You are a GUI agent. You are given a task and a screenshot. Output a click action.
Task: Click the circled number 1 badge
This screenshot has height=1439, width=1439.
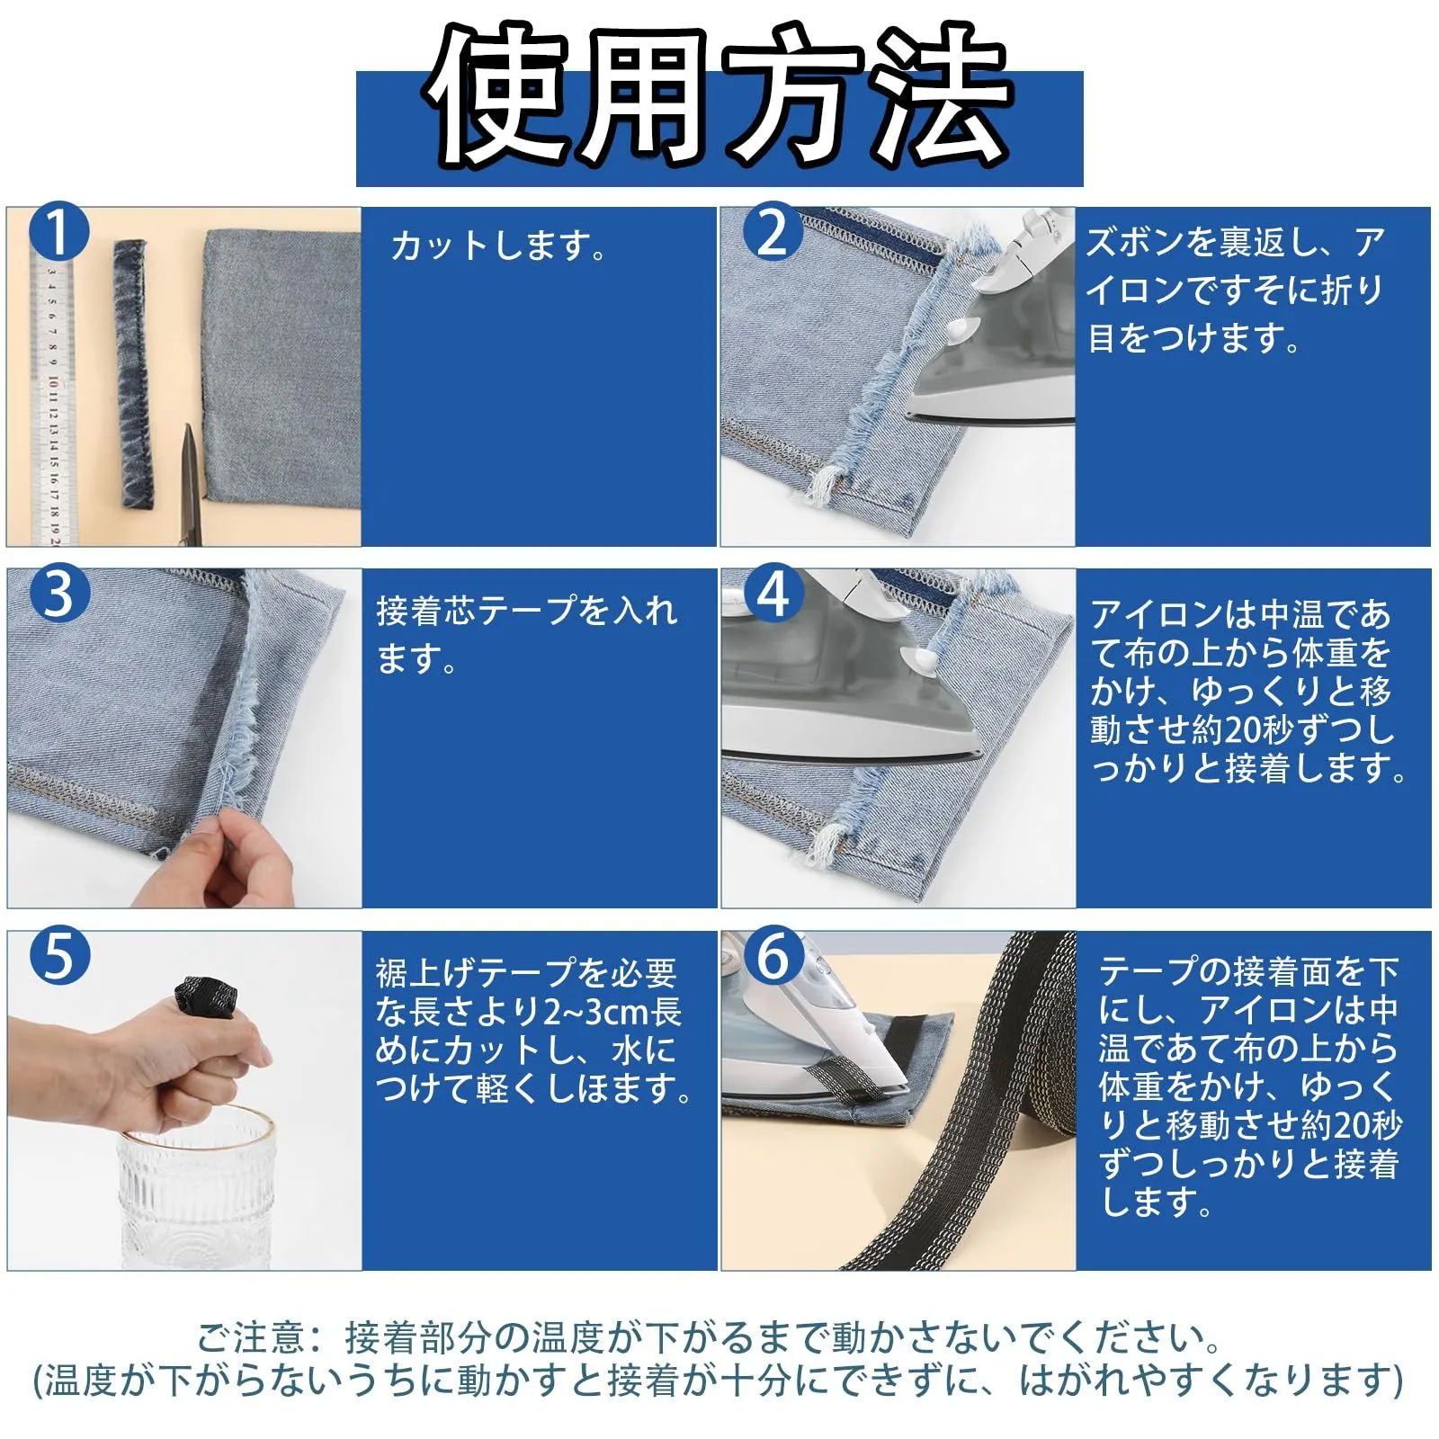[59, 232]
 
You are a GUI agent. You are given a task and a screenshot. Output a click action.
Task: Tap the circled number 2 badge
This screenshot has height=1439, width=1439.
[773, 232]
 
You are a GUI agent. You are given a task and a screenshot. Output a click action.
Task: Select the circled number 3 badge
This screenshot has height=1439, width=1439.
[59, 594]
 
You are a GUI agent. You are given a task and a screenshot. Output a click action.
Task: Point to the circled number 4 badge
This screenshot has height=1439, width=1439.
[773, 594]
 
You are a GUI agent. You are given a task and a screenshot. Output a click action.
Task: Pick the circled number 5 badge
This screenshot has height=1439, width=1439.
[59, 955]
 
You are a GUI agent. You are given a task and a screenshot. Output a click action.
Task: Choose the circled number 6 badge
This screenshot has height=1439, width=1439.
[773, 955]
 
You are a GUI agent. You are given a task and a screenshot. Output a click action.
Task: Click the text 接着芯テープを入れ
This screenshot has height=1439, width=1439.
[526, 611]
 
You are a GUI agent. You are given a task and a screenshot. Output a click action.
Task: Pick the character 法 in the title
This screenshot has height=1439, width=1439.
[940, 97]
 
